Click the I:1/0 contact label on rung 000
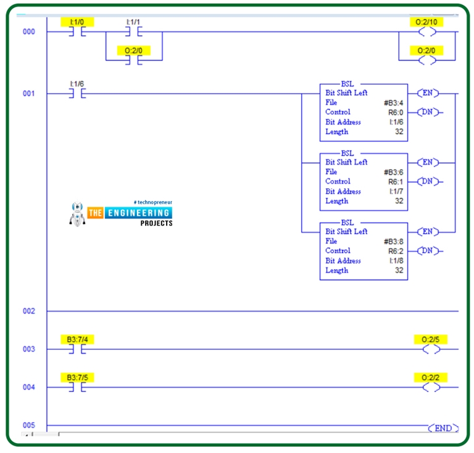click(x=77, y=22)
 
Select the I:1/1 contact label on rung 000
click(x=134, y=22)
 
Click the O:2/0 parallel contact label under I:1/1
click(x=134, y=50)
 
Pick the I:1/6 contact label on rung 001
click(x=77, y=83)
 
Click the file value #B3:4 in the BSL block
click(x=393, y=102)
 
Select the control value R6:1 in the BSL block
click(x=395, y=181)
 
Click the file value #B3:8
click(x=393, y=241)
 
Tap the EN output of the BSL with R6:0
click(x=427, y=93)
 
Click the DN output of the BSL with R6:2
click(x=430, y=251)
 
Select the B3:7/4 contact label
click(x=77, y=339)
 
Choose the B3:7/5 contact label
click(x=77, y=377)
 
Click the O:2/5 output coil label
click(x=430, y=339)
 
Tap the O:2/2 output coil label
click(x=430, y=377)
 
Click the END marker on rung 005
click(x=443, y=428)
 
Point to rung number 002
click(x=29, y=311)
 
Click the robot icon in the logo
click(x=78, y=213)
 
